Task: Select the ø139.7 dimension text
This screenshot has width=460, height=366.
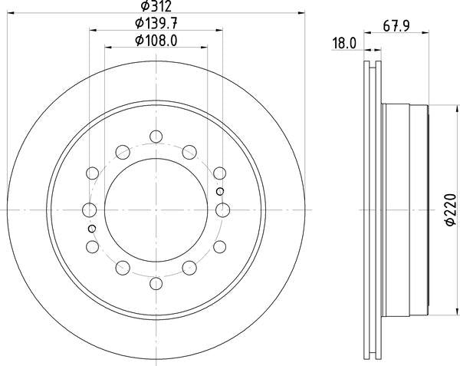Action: (x=156, y=25)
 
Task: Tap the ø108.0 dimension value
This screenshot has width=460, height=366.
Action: (x=156, y=41)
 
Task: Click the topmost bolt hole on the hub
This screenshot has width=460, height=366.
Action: (x=156, y=137)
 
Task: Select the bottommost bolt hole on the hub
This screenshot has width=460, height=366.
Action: (x=156, y=282)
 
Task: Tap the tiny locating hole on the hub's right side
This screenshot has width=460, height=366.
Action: (x=220, y=191)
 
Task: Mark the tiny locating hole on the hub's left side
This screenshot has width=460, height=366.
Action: (x=92, y=228)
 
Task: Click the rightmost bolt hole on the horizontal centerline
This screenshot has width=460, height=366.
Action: (x=223, y=209)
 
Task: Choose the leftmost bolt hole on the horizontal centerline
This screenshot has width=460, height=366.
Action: (x=89, y=209)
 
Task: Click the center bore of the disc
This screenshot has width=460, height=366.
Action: (x=156, y=209)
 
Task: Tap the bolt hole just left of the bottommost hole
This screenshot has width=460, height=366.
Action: (x=123, y=268)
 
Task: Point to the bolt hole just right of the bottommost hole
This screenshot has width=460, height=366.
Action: (x=189, y=268)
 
